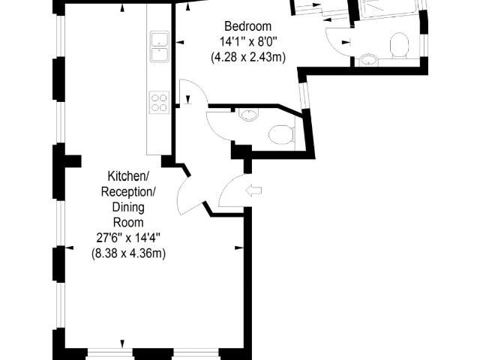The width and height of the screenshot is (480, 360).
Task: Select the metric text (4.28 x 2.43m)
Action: (x=247, y=56)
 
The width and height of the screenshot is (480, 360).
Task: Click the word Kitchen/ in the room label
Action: (x=129, y=176)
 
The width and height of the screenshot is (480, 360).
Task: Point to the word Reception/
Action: (x=128, y=192)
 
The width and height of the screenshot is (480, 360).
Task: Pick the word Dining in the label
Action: (x=128, y=207)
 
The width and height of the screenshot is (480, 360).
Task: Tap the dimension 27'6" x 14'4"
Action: (x=128, y=238)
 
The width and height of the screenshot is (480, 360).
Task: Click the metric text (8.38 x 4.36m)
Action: (x=128, y=253)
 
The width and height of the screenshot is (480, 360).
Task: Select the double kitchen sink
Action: (x=159, y=46)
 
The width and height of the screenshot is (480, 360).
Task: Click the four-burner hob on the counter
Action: (x=159, y=101)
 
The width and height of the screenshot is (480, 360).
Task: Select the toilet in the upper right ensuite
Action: (x=400, y=45)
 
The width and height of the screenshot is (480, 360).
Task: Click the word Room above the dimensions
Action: (x=128, y=222)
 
